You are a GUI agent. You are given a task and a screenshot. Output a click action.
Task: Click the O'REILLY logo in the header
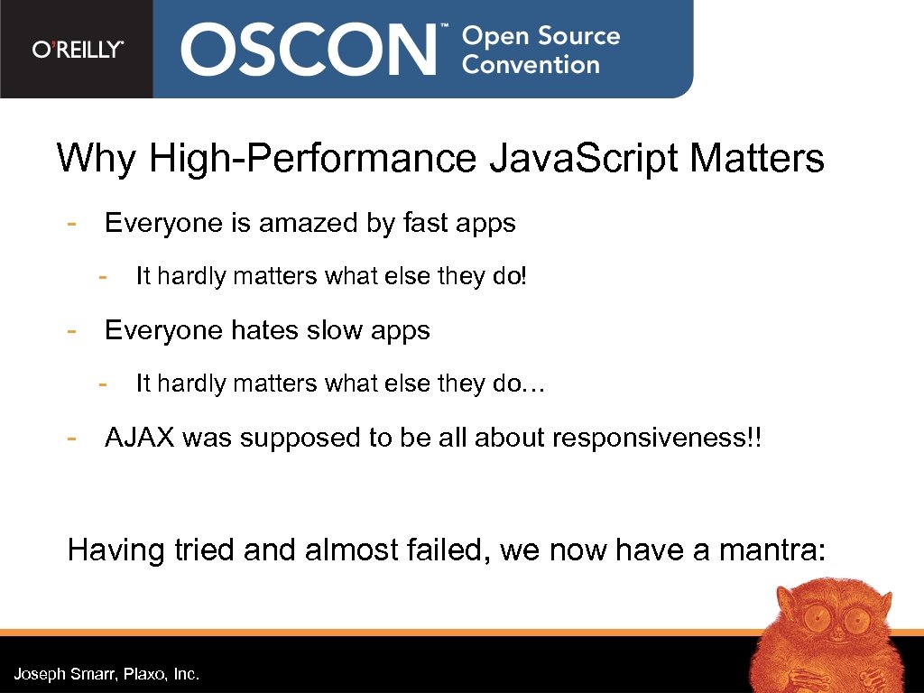78,50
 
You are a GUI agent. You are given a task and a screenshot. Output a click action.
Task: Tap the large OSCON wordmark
308,50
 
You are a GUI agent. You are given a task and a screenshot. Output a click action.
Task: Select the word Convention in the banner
531,65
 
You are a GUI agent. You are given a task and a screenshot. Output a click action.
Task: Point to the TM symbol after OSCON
443,29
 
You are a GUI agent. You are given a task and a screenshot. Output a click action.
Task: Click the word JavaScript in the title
584,159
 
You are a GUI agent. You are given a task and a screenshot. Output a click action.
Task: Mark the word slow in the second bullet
334,330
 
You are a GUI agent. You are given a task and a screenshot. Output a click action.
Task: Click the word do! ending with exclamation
508,276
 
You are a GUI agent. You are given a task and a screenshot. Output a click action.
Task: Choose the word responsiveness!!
656,439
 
